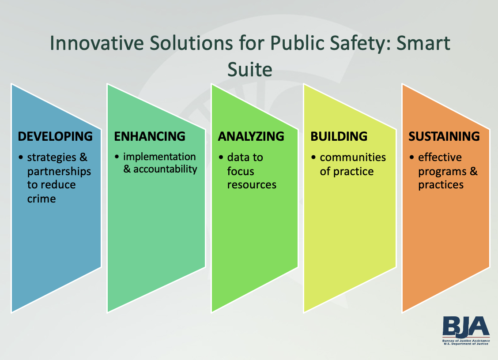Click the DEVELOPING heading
[x=55, y=136]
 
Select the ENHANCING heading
[x=150, y=136]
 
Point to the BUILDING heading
[x=339, y=136]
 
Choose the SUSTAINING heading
[x=444, y=136]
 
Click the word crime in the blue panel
[x=41, y=199]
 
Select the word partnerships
[x=59, y=171]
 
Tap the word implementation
[x=159, y=157]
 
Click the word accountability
[x=165, y=169]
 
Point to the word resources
[x=252, y=184]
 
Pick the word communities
[x=353, y=157]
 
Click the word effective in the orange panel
[x=440, y=157]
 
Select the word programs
[x=442, y=171]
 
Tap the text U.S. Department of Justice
[x=466, y=344]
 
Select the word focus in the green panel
[x=241, y=171]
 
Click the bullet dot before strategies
[x=21, y=157]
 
